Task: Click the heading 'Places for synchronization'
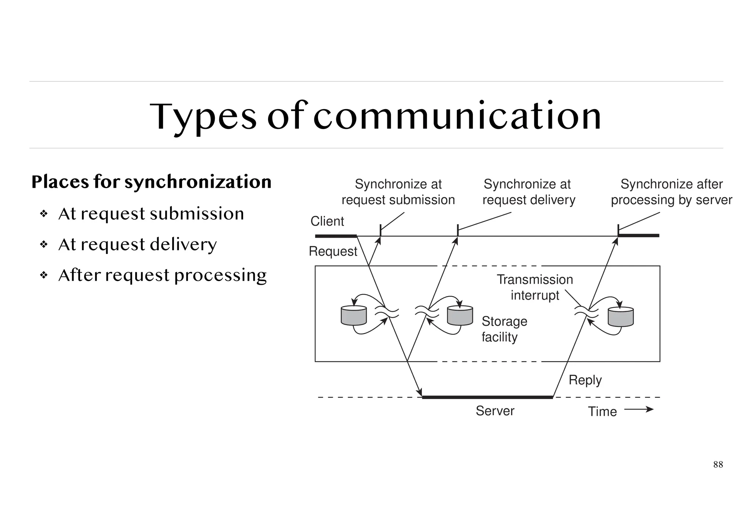point(151,182)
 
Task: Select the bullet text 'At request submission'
point(151,214)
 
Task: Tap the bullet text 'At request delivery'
point(137,245)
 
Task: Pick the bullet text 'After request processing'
point(162,276)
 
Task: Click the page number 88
point(718,464)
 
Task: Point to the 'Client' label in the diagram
point(327,221)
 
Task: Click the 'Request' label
point(333,251)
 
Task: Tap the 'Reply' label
point(585,380)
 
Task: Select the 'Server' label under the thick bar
point(495,411)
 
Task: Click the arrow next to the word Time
point(639,409)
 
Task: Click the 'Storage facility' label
point(504,329)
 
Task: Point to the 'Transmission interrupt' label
point(535,287)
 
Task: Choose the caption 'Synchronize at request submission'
point(398,192)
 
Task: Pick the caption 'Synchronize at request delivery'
point(528,192)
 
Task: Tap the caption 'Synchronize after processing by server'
point(671,192)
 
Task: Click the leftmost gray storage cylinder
point(354,316)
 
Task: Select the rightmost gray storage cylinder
point(621,317)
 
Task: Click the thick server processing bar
point(487,397)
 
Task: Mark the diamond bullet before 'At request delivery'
point(44,244)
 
